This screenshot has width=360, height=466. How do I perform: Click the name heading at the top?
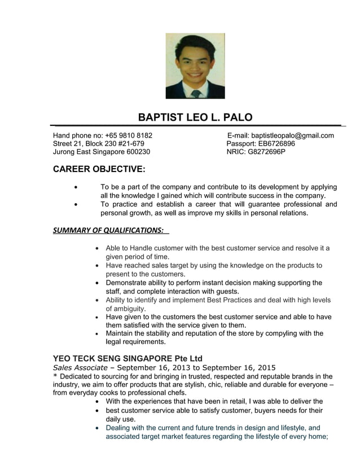(x=195, y=117)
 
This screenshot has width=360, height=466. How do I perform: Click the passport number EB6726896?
(x=276, y=143)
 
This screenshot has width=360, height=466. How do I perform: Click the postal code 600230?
(x=138, y=152)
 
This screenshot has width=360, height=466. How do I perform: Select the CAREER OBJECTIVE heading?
(x=99, y=169)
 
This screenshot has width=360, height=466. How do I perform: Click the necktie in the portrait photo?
(x=195, y=93)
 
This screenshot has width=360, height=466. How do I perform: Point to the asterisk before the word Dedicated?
(x=55, y=377)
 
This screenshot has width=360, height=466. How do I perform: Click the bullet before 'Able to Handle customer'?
(x=99, y=248)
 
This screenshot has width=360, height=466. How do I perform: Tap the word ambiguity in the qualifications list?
(x=126, y=309)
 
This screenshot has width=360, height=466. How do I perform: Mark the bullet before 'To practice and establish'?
(x=76, y=204)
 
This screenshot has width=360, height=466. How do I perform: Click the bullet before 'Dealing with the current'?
(x=99, y=428)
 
